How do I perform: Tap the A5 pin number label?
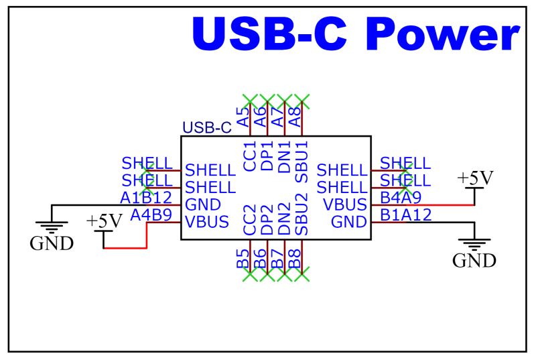pyautogui.click(x=243, y=117)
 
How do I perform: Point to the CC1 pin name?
pyautogui.click(x=251, y=156)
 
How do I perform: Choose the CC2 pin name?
pyautogui.click(x=251, y=219)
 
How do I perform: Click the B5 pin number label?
pyautogui.click(x=243, y=258)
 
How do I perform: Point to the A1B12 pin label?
pyautogui.click(x=146, y=198)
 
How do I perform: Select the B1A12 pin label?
pyautogui.click(x=405, y=215)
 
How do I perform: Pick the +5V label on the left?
pyautogui.click(x=104, y=221)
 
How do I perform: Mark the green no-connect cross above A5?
pyautogui.click(x=250, y=101)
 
